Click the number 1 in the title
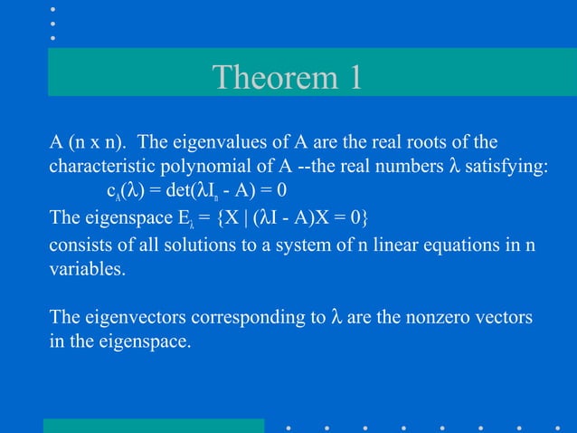coord(353,78)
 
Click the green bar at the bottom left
coord(154,425)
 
